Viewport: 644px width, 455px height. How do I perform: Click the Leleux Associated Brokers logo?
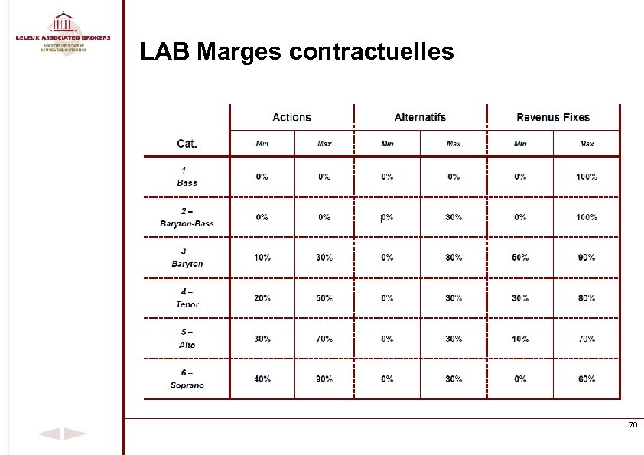pyautogui.click(x=63, y=31)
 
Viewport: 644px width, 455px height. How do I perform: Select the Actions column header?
pyautogui.click(x=291, y=117)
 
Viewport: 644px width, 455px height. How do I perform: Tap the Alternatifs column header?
pyautogui.click(x=420, y=117)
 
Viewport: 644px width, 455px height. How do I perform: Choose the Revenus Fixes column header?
pyautogui.click(x=553, y=117)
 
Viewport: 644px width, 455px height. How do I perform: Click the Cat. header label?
pyautogui.click(x=187, y=143)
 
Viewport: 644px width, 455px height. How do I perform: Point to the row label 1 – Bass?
pyautogui.click(x=187, y=176)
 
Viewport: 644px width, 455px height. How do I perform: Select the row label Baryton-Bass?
pyautogui.click(x=187, y=223)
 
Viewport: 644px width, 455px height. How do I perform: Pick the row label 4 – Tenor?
pyautogui.click(x=187, y=298)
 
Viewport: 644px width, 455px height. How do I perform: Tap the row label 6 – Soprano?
pyautogui.click(x=187, y=379)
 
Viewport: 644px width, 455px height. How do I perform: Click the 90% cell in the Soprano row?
pyautogui.click(x=324, y=379)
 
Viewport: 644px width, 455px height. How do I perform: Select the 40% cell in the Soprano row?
pyautogui.click(x=262, y=379)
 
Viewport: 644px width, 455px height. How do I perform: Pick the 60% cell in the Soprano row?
pyautogui.click(x=587, y=379)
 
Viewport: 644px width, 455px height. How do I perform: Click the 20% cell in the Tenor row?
pyautogui.click(x=262, y=298)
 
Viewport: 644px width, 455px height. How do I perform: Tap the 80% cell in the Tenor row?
pyautogui.click(x=587, y=298)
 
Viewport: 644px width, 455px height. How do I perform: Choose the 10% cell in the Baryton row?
pyautogui.click(x=262, y=258)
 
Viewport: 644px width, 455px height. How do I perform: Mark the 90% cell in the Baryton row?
pyautogui.click(x=587, y=258)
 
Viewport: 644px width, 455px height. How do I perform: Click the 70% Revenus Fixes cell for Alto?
pyautogui.click(x=587, y=339)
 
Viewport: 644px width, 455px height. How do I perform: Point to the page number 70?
pyautogui.click(x=633, y=425)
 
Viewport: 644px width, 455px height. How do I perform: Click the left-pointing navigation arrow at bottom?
pyautogui.click(x=49, y=434)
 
